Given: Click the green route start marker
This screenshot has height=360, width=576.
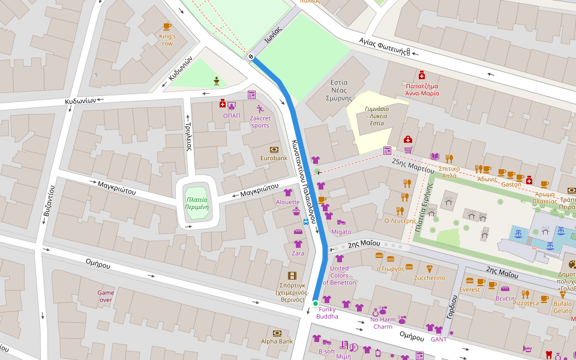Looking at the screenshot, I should pyautogui.click(x=315, y=304).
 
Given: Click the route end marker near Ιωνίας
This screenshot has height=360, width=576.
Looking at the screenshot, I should pyautogui.click(x=251, y=57).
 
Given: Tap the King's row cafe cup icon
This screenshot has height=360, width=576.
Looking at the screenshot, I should pyautogui.click(x=167, y=26).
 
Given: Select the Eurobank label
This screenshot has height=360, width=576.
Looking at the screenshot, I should pyautogui.click(x=274, y=158).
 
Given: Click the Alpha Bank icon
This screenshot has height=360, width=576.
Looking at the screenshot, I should pyautogui.click(x=277, y=333).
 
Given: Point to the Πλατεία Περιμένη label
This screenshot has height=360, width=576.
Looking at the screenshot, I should pyautogui.click(x=197, y=203).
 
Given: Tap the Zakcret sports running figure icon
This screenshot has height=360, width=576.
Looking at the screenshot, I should pyautogui.click(x=260, y=109).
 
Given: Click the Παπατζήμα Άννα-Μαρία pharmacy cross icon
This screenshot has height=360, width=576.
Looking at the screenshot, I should pyautogui.click(x=422, y=75).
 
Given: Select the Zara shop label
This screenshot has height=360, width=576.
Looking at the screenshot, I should pyautogui.click(x=298, y=253).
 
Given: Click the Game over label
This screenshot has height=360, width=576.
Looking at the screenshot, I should pyautogui.click(x=106, y=296).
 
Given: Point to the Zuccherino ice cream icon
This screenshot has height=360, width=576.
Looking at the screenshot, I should pyautogui.click(x=429, y=269).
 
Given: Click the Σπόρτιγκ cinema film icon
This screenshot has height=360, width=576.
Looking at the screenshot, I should pyautogui.click(x=292, y=275).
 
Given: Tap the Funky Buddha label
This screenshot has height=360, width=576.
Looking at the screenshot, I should pyautogui.click(x=327, y=313).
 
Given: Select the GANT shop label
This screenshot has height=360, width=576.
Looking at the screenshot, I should pyautogui.click(x=439, y=340).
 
